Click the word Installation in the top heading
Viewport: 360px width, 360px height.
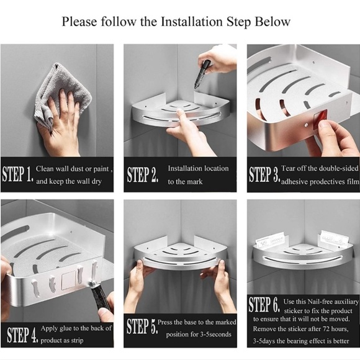191,22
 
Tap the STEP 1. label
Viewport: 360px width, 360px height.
17,174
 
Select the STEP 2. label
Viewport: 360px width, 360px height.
143,174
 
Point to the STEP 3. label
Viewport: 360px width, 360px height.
264,174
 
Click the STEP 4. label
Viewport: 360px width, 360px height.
22,335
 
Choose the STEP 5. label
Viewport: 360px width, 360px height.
142,326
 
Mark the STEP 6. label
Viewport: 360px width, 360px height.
264,304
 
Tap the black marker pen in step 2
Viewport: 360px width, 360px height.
202,74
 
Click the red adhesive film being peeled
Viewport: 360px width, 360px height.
320,118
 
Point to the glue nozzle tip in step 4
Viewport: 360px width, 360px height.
93,285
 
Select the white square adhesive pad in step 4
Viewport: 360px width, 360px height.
69,280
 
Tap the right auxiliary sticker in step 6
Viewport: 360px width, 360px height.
335,238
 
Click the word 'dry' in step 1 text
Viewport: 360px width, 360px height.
97,182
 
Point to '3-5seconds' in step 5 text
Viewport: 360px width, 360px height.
215,335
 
